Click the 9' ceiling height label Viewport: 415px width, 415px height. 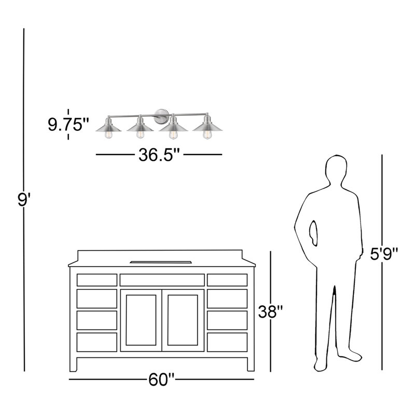pyautogui.click(x=24, y=200)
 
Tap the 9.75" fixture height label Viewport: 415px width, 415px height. pyautogui.click(x=68, y=125)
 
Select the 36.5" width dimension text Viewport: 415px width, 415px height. pyautogui.click(x=159, y=155)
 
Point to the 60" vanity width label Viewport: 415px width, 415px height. pyautogui.click(x=161, y=380)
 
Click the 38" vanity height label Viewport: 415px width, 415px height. pyautogui.click(x=271, y=312)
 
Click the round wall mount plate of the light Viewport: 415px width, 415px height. pyautogui.click(x=161, y=116)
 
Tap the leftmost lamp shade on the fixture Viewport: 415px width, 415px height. pyautogui.click(x=108, y=127)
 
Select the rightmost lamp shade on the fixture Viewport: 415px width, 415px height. pyautogui.click(x=207, y=126)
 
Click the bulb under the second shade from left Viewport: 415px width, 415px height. pyautogui.click(x=140, y=134)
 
